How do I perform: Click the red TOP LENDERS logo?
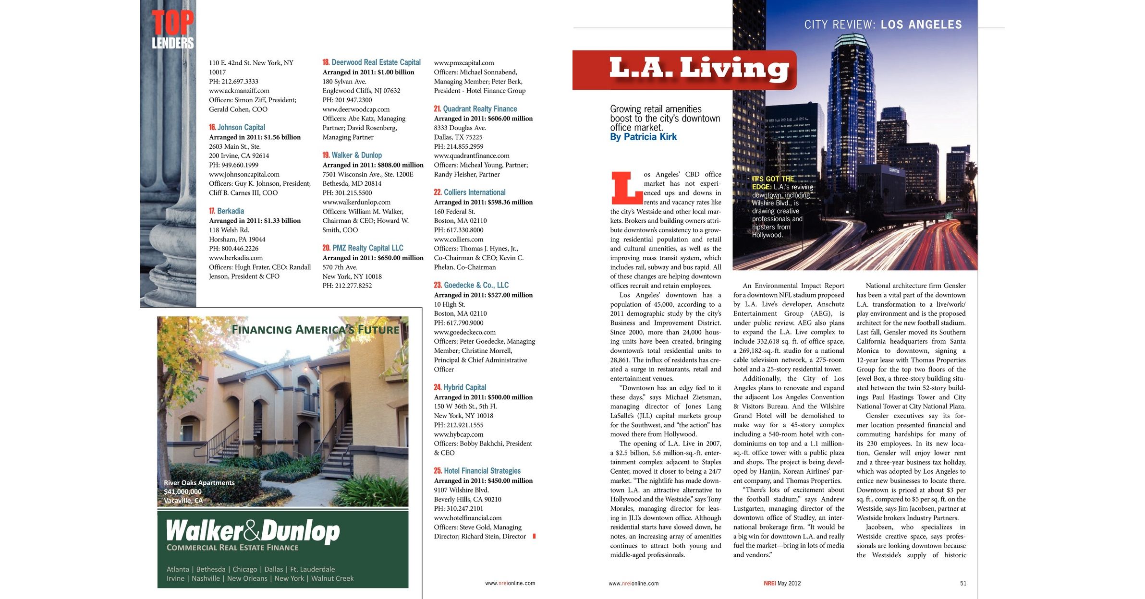(172, 30)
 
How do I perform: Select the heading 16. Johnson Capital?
(237, 127)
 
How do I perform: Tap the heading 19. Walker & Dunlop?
(352, 155)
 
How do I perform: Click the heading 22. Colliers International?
(469, 192)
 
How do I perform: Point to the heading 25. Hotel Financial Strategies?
(477, 471)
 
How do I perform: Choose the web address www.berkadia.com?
(236, 258)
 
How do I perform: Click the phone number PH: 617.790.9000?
(459, 323)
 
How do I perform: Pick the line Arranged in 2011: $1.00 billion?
(368, 72)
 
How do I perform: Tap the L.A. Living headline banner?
(684, 70)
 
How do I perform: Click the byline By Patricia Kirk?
(643, 137)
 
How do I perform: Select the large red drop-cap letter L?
(626, 188)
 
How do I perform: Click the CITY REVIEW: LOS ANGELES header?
(883, 25)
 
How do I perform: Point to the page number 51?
(963, 583)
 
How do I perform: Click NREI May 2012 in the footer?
(782, 583)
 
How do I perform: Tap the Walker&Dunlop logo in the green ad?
(253, 532)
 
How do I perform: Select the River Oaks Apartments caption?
(199, 483)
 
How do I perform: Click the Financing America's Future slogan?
(315, 330)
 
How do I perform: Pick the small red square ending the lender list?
(534, 536)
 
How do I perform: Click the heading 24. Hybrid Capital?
(460, 387)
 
